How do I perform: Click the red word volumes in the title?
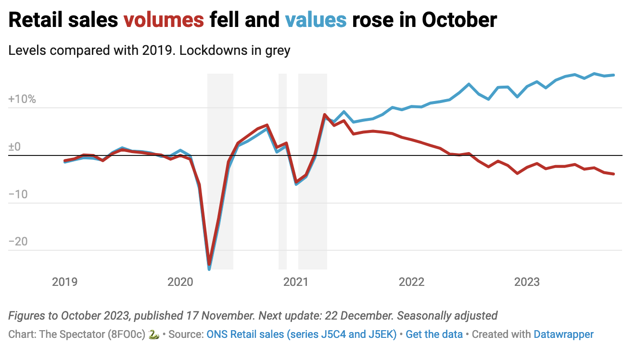coord(164,20)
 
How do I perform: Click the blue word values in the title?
coord(316,20)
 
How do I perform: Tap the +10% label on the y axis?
coord(22,100)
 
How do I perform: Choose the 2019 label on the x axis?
coord(64,282)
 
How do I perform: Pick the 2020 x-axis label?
coord(180,282)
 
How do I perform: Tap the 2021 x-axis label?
coord(296,282)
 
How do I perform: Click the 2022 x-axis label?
coord(411,282)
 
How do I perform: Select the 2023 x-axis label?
coord(527,282)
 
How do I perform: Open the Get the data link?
coord(434,334)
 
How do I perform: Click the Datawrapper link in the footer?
coord(563,334)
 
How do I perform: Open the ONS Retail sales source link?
coord(301,334)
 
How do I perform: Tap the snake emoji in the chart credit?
coord(154,334)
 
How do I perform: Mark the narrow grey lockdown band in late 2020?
coord(283,171)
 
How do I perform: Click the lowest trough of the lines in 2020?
coord(209,267)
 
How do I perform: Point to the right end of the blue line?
coord(614,75)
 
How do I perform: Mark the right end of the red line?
coord(614,174)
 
